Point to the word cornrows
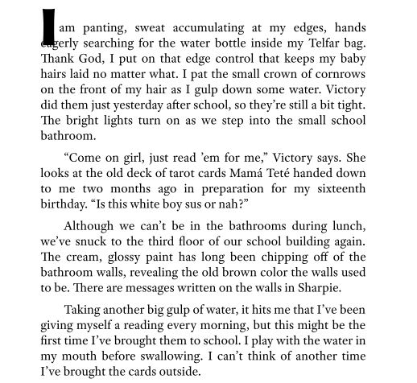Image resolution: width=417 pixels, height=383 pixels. [339, 74]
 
